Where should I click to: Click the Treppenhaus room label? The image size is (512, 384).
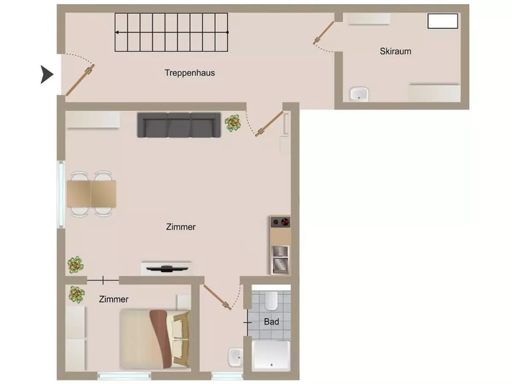coord(189,73)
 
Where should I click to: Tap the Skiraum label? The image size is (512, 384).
coord(396,51)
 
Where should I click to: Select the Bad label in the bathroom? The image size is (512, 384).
coord(271,321)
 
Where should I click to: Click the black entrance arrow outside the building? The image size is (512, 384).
coord(47,75)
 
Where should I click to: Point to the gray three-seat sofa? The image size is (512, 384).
coord(179,125)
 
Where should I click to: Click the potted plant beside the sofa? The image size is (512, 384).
coord(233,123)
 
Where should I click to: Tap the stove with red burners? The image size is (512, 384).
coord(280,221)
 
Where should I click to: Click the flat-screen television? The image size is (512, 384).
coord(166,268)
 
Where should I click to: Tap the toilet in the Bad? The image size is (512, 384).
coord(271,301)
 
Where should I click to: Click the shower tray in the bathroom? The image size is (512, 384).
coord(271,355)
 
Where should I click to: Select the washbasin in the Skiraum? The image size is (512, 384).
coord(359,93)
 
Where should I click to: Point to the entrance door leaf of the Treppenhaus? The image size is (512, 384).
coord(80,80)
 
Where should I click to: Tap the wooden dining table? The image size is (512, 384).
coord(91,194)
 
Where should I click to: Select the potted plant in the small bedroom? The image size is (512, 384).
coord(76,294)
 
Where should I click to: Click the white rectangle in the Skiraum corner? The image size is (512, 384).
coord(443,21)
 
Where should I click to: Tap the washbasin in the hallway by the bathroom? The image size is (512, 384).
coord(234,357)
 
